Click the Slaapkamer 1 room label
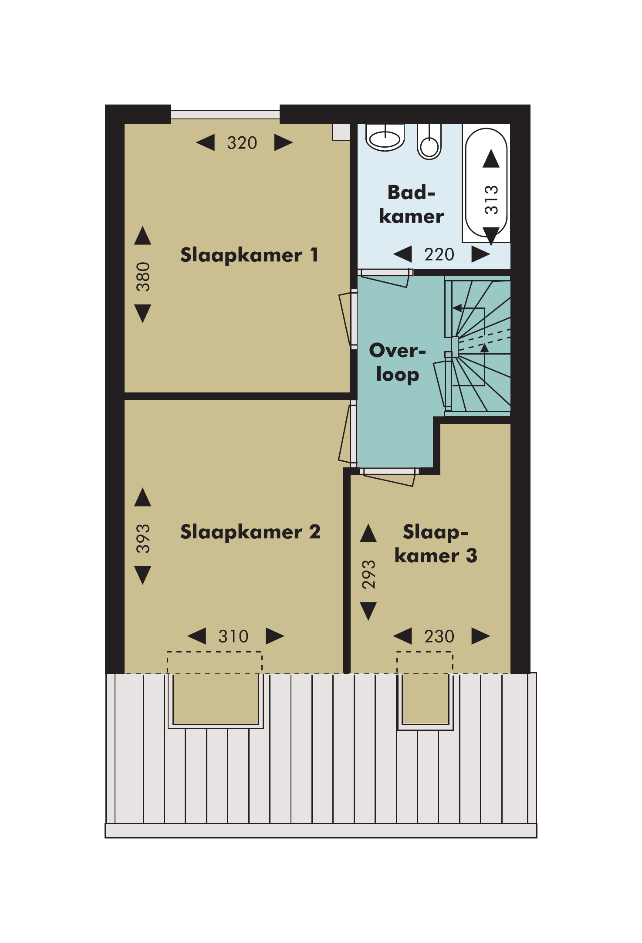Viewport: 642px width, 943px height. click(249, 255)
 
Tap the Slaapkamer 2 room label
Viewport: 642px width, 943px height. click(250, 532)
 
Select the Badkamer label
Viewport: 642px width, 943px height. click(412, 204)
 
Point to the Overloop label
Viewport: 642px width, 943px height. click(397, 362)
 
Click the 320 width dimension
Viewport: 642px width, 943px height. click(242, 143)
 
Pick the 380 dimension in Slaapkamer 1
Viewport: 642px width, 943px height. click(143, 277)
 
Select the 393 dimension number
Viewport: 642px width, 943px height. click(143, 539)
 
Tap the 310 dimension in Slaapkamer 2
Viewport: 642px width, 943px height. click(233, 636)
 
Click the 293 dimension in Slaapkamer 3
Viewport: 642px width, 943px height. click(368, 575)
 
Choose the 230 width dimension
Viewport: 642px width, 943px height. click(439, 636)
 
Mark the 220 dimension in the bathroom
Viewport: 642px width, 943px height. click(439, 254)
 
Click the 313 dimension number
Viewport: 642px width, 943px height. click(491, 200)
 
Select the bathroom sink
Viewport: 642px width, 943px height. click(385, 138)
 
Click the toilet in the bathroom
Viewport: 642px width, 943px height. click(429, 142)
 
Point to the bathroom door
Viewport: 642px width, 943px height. click(385, 278)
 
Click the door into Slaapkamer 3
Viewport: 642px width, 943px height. click(388, 477)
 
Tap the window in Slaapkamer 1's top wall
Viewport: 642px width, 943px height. click(225, 115)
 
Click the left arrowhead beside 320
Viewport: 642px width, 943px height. click(206, 142)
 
